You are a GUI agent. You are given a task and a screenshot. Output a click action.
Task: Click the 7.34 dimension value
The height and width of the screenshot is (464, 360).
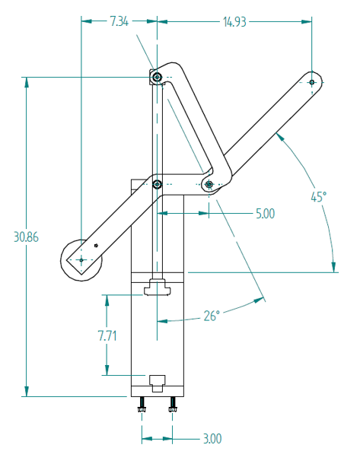(119, 22)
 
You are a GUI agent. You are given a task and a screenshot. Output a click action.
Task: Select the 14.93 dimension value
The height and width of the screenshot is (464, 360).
(234, 22)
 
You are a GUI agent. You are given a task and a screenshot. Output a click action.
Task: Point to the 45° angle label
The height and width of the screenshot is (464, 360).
(319, 196)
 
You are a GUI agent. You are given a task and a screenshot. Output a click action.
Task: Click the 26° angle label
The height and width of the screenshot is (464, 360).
(212, 314)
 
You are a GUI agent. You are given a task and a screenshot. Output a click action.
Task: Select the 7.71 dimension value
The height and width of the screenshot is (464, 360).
(107, 335)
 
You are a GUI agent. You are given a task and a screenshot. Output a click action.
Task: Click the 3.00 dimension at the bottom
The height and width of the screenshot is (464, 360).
(212, 438)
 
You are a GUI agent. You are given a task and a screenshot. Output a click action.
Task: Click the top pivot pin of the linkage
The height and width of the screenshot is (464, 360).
(156, 78)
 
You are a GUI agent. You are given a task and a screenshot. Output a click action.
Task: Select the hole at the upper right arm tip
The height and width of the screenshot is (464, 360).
(311, 82)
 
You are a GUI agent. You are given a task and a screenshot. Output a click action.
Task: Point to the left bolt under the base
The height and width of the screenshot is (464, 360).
(142, 407)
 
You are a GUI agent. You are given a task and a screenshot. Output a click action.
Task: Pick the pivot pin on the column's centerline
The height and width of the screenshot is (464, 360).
(157, 184)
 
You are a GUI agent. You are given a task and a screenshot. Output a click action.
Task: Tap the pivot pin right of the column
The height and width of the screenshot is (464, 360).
(209, 184)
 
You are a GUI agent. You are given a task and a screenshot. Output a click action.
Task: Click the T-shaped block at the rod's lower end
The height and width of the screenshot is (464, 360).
(158, 288)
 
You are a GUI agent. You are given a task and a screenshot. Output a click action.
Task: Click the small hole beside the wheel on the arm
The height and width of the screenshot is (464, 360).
(96, 245)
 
